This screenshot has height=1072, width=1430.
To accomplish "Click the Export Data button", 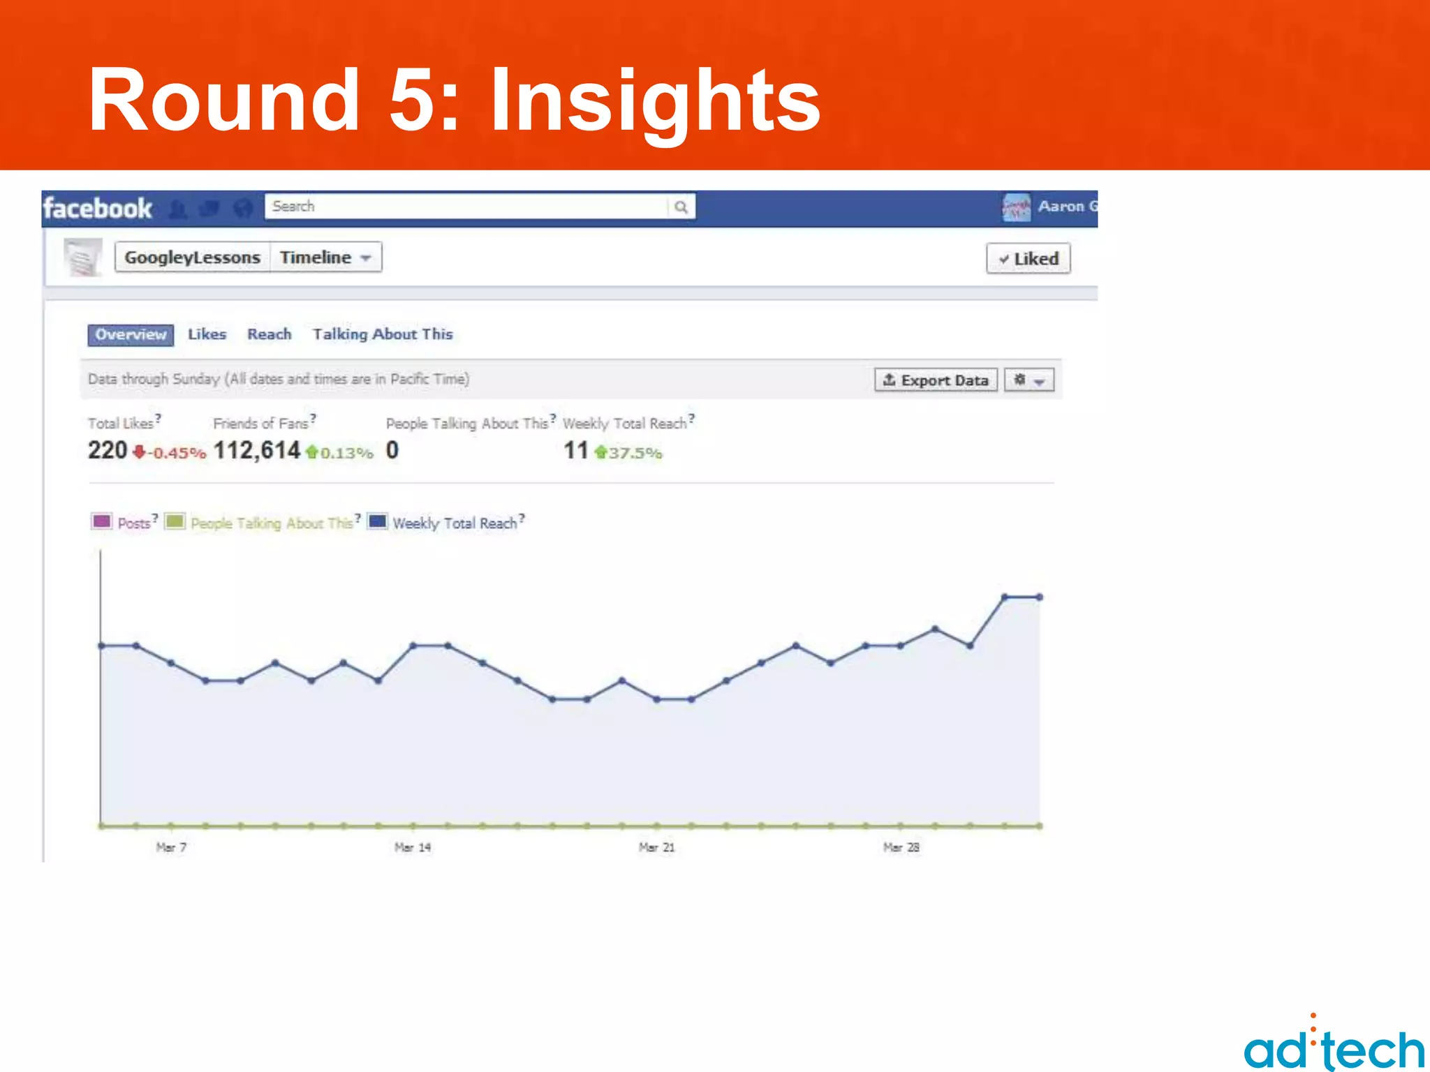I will click(936, 380).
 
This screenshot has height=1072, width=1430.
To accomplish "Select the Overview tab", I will click(131, 335).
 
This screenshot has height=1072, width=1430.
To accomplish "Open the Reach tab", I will click(269, 334).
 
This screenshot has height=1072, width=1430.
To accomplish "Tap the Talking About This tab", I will click(383, 334).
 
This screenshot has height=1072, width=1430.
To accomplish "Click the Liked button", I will click(1028, 259).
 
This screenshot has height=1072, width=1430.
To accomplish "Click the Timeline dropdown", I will click(325, 258).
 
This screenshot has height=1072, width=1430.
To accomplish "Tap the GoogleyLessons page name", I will click(192, 258).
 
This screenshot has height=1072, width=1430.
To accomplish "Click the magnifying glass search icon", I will click(681, 207).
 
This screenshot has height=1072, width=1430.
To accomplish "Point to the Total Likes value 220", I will click(108, 451).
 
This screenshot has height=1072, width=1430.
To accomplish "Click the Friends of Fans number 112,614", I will click(257, 451).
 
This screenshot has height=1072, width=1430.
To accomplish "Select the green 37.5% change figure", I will click(634, 453).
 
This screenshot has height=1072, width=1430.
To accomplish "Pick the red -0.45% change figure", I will click(177, 453).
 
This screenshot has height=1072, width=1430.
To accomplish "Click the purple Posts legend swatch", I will click(102, 521).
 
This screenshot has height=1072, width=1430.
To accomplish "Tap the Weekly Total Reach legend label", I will click(455, 523).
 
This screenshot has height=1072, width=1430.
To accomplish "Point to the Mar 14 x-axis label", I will click(413, 847).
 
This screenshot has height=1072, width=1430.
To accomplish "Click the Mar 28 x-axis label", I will click(901, 847).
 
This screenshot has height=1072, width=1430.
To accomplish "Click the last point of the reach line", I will click(1039, 597).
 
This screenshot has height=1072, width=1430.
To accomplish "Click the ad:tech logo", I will click(1334, 1047).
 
